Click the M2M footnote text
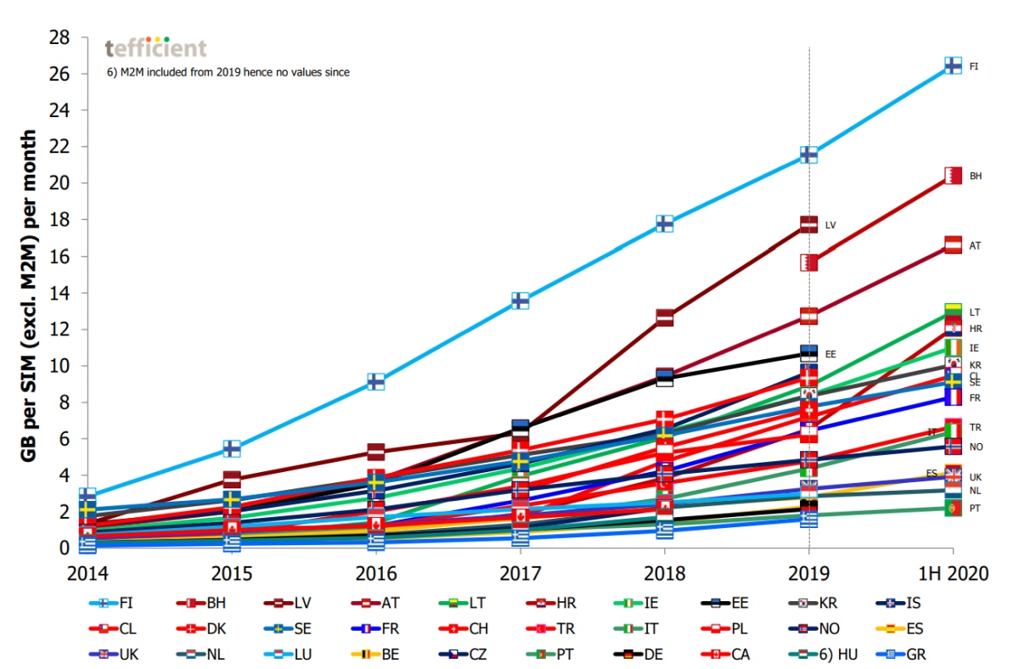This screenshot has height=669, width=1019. coord(228,72)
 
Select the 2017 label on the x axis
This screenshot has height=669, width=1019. coord(520,573)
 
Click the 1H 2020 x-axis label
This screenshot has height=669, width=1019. coord(953,573)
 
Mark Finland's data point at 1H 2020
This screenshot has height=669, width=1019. coord(953,65)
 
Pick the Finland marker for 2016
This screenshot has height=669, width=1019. coord(375,381)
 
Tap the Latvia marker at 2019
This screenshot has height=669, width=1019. coord(808,225)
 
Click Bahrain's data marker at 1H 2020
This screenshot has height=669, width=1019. coord(953,176)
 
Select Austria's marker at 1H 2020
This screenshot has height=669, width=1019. coord(953,245)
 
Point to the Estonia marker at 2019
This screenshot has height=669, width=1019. coord(808,352)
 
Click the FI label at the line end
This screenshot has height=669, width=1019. coord(974,65)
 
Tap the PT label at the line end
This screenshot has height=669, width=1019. coord(975,508)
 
